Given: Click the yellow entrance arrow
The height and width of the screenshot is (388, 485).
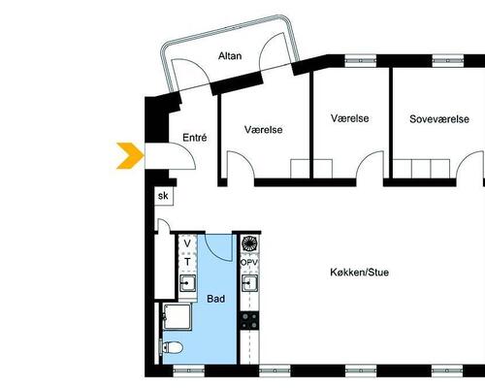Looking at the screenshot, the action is click(x=130, y=155).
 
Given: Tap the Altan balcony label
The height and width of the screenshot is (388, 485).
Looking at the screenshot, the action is click(x=230, y=56).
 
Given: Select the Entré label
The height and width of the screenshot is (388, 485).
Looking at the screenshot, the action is click(x=195, y=138).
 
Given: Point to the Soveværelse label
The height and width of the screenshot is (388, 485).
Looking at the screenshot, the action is click(x=439, y=119).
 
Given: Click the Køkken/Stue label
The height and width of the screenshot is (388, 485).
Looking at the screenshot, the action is click(x=360, y=273).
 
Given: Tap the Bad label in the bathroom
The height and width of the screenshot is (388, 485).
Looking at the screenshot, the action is click(x=215, y=299).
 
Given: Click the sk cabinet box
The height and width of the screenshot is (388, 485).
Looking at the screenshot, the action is click(x=164, y=196).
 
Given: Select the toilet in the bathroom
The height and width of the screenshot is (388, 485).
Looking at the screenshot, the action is click(x=172, y=347).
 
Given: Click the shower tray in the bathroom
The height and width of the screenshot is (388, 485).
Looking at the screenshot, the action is click(x=177, y=316).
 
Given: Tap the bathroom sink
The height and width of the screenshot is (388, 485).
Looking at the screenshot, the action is click(x=187, y=283).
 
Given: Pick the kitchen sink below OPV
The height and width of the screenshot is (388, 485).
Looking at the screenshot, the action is click(x=250, y=283).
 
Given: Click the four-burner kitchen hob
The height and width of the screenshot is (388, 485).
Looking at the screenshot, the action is click(x=249, y=320).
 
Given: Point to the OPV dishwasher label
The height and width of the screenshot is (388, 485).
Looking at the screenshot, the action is click(x=249, y=263).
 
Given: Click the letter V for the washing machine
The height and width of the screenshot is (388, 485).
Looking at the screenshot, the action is click(x=187, y=243).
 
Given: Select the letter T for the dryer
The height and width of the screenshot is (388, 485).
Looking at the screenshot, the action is click(x=187, y=262).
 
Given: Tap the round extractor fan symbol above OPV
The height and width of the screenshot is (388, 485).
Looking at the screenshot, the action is click(x=249, y=243).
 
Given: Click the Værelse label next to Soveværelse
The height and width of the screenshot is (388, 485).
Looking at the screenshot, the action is click(x=350, y=118).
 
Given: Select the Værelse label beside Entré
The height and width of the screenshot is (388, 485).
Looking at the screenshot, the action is click(x=264, y=130).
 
